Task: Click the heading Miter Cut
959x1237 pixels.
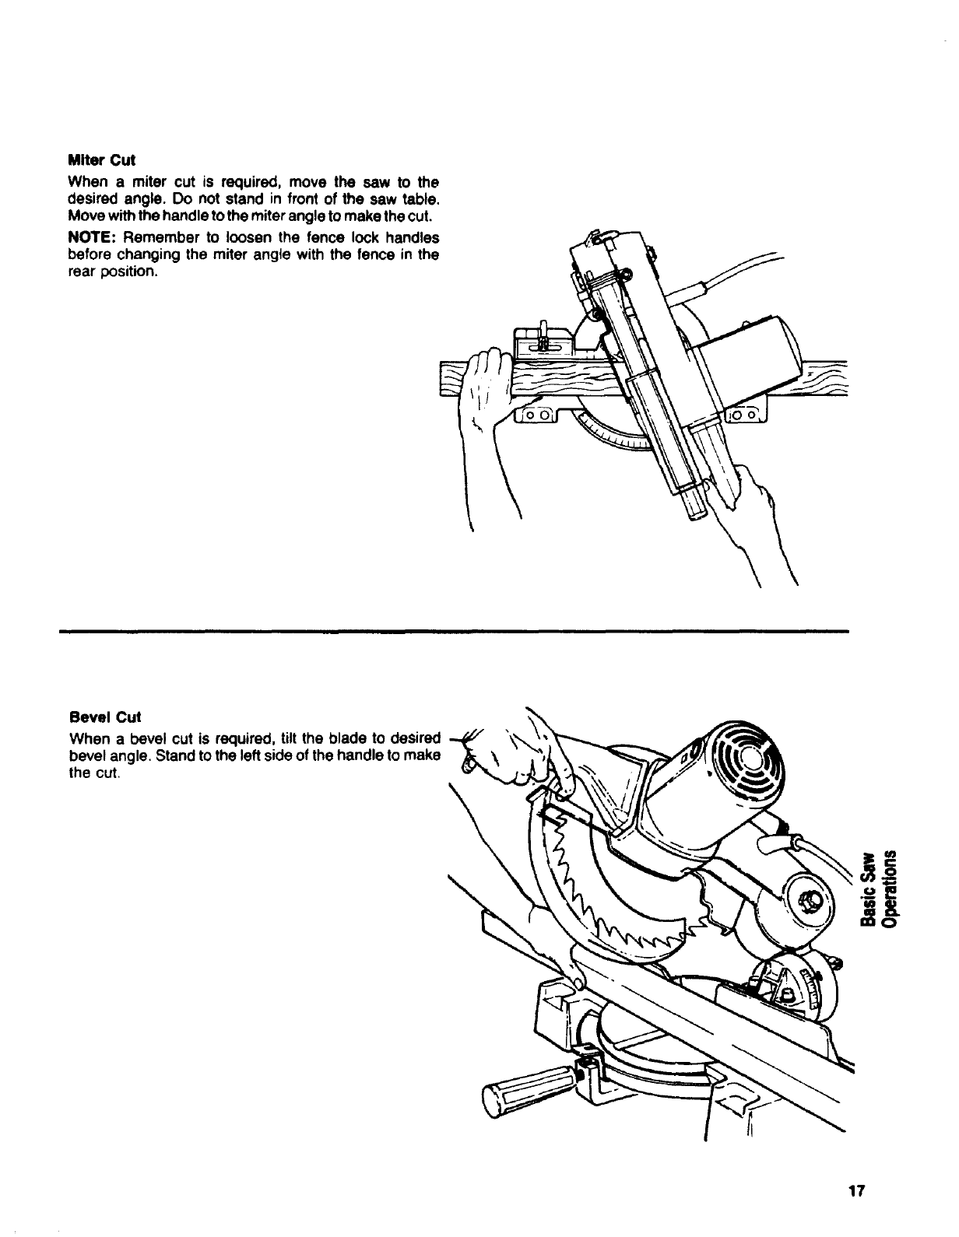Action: (102, 160)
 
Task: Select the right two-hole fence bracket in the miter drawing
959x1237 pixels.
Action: (746, 415)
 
